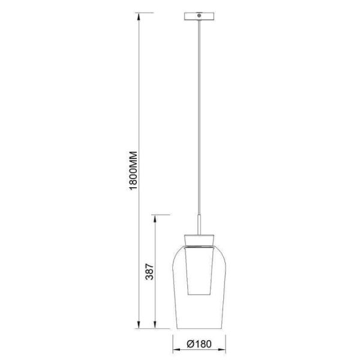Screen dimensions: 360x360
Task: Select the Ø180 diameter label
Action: point(199,344)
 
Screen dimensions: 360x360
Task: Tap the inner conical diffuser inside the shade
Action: point(199,270)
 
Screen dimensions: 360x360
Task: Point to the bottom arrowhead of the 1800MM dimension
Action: point(139,328)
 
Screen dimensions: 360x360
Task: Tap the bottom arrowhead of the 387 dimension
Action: point(155,328)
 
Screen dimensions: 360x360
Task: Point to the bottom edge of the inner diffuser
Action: point(199,295)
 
